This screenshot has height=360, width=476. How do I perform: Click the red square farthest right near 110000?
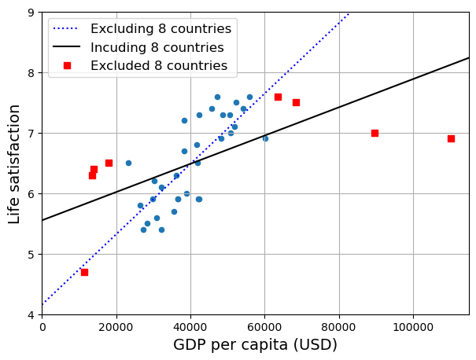[x=451, y=138]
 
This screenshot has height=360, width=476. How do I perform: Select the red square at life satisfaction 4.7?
[x=84, y=272]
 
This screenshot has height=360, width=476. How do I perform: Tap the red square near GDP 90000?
[x=375, y=133]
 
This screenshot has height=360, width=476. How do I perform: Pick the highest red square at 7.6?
[x=278, y=97]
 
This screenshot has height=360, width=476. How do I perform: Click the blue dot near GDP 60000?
[x=265, y=138]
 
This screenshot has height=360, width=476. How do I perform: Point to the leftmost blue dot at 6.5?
[x=128, y=163]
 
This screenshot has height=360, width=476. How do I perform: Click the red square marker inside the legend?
[x=67, y=66]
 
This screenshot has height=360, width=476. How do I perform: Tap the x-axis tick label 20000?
[x=116, y=327]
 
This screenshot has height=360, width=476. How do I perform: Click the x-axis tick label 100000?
[x=414, y=327]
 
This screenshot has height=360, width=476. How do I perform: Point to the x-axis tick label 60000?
[x=265, y=327]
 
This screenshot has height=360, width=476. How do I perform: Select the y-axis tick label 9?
[x=30, y=13]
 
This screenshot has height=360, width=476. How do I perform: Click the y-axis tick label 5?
[x=30, y=255]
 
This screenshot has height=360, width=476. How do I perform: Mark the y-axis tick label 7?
[x=30, y=134]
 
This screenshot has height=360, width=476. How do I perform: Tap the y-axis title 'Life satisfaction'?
[x=15, y=163]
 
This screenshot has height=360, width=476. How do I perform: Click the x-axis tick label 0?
[x=42, y=327]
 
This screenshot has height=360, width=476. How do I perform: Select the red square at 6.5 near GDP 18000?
[x=109, y=163]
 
